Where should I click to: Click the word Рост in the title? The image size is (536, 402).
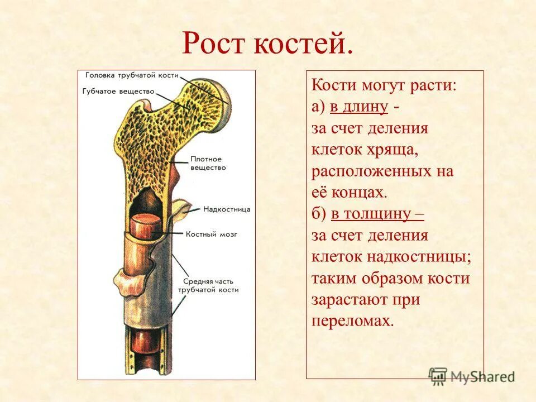[x=215, y=44]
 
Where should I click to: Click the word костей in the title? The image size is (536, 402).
[x=304, y=44]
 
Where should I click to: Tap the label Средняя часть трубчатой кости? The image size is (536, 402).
[x=208, y=285]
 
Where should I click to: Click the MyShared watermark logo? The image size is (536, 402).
[x=472, y=376]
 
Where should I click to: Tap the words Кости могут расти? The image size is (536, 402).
[x=384, y=86]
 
